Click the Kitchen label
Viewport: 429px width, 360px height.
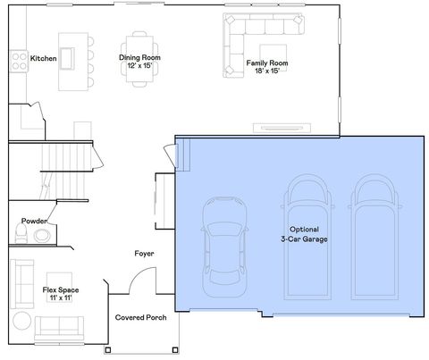click(44, 58)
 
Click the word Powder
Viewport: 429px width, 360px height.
click(35, 220)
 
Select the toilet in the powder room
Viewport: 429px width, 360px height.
click(21, 235)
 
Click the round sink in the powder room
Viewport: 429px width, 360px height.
click(41, 236)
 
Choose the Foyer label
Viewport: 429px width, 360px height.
click(144, 253)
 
